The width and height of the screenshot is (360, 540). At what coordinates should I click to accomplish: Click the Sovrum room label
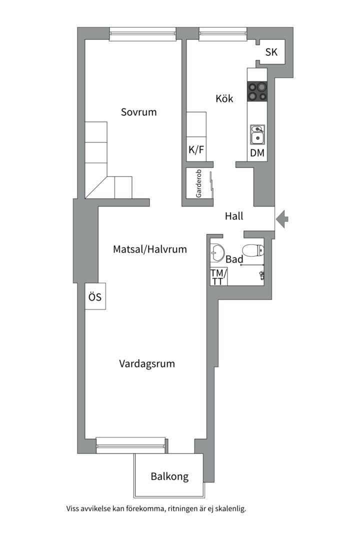[x=138, y=112]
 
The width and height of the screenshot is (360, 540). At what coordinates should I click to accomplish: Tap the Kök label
[x=224, y=98]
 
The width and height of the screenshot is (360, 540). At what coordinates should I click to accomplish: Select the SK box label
[x=271, y=52]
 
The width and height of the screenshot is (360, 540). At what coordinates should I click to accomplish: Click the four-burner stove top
[x=257, y=91]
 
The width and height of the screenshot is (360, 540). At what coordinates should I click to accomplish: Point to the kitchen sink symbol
[x=257, y=134]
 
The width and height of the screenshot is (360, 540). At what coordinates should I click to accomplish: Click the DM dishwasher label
[x=257, y=153]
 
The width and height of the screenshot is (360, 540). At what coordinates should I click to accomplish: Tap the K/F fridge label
[x=196, y=149]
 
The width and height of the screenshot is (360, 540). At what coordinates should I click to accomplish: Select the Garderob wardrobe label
[x=198, y=184]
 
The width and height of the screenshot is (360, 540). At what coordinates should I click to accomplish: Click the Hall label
[x=234, y=216]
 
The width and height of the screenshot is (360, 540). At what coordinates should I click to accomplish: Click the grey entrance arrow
[x=282, y=218]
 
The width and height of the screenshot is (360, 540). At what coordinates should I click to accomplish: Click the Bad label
[x=234, y=259]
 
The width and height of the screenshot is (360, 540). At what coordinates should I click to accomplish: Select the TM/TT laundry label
[x=218, y=277]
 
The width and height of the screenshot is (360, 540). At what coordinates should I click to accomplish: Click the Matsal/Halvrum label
[x=150, y=249]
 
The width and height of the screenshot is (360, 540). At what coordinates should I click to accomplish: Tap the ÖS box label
[x=95, y=297]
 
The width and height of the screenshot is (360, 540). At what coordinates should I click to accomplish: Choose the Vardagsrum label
[x=147, y=363]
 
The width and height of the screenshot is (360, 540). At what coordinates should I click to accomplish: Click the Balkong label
[x=169, y=476]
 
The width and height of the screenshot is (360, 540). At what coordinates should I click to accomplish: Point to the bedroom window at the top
[x=143, y=33]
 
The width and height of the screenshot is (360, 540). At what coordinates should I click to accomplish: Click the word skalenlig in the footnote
[x=229, y=509]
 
